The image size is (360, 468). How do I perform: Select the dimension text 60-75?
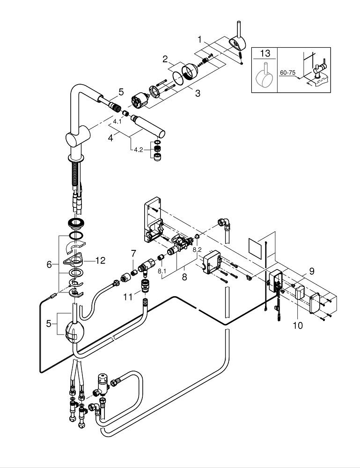[287, 73]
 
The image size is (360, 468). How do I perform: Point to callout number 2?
[165, 59]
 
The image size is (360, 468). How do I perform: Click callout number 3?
[198, 93]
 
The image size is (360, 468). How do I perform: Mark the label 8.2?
[197, 250]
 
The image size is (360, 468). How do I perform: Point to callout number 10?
[298, 324]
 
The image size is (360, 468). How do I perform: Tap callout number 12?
[100, 260]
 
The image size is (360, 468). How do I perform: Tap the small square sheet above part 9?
[256, 248]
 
